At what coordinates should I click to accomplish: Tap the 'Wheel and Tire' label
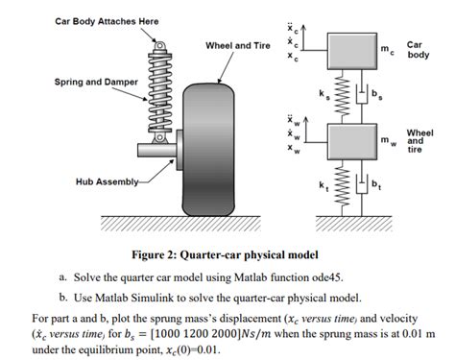(x=237, y=45)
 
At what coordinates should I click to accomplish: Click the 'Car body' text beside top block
(x=419, y=50)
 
